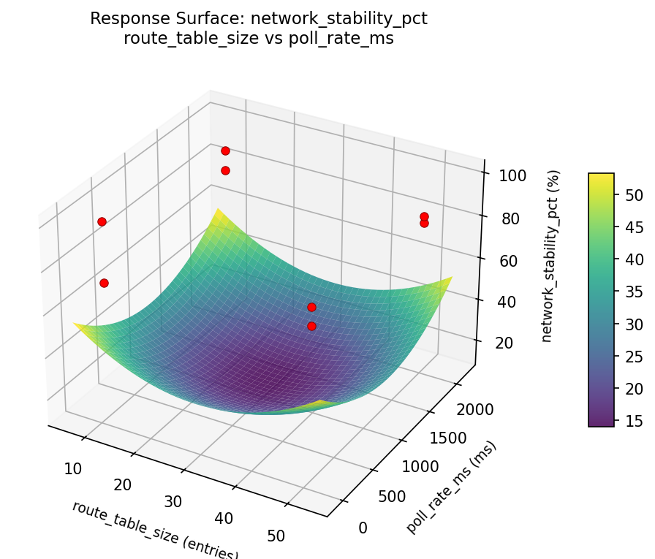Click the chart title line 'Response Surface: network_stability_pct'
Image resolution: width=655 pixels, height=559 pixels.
click(x=259, y=19)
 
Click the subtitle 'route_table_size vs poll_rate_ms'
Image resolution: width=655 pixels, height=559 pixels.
click(x=259, y=39)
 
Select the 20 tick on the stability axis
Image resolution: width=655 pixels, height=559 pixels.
click(x=507, y=343)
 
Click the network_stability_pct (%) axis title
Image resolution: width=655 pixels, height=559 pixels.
click(x=556, y=256)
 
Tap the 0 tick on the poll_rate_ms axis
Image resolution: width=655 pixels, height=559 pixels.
click(x=363, y=528)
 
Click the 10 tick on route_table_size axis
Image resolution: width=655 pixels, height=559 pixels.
click(x=72, y=468)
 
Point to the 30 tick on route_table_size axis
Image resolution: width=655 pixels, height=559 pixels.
click(x=173, y=501)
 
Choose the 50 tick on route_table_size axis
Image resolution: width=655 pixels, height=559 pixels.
click(x=276, y=536)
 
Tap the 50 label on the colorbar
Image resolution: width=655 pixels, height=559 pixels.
click(x=634, y=195)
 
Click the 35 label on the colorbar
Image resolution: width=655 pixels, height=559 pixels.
click(x=634, y=292)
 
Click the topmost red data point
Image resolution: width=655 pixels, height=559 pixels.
click(x=225, y=151)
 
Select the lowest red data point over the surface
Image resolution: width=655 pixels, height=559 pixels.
click(x=311, y=326)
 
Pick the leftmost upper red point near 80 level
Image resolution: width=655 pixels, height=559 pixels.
click(x=102, y=221)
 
